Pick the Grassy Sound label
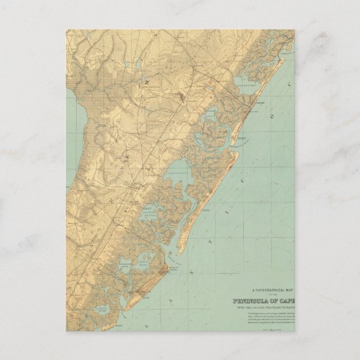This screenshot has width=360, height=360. (x=144, y=263)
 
